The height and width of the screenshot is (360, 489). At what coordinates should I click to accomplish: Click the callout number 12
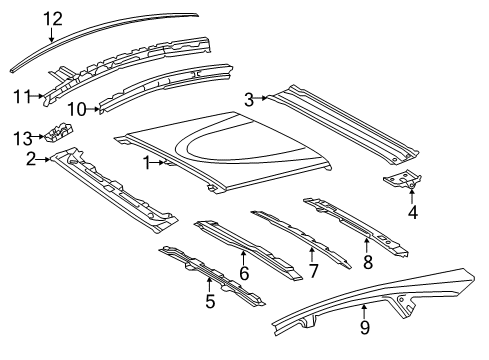(53, 19)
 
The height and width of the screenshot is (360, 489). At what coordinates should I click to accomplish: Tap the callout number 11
(22, 97)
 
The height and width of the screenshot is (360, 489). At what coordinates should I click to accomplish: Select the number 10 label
(77, 109)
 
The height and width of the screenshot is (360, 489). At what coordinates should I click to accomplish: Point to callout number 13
(23, 138)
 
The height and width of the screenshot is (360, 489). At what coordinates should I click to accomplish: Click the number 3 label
(249, 99)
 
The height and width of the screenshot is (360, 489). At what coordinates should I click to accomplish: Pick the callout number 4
(413, 212)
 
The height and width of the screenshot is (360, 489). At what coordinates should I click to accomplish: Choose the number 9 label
(365, 327)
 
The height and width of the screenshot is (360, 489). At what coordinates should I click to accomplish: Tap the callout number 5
(210, 301)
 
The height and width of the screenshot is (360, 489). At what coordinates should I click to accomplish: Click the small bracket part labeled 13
(58, 132)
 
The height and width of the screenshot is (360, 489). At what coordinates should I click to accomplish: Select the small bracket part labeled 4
(403, 179)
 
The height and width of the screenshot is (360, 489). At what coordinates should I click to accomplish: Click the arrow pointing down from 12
(52, 35)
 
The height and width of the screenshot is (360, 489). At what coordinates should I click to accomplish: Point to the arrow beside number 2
(43, 160)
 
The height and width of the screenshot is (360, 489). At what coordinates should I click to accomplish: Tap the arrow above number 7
(312, 255)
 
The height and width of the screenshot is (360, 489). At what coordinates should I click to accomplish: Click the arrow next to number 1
(159, 163)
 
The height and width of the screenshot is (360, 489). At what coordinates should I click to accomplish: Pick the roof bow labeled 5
(211, 274)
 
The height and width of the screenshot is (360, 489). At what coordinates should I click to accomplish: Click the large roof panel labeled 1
(223, 152)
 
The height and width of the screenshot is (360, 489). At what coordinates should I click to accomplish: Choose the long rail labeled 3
(343, 125)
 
